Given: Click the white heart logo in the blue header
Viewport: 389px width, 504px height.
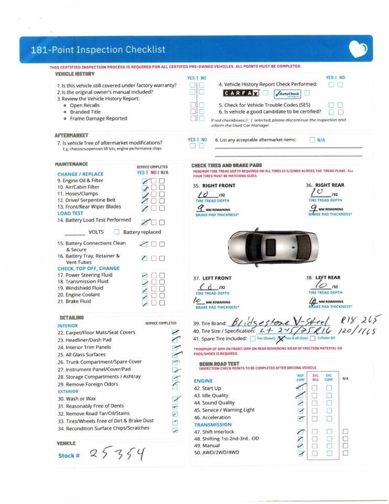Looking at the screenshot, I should pyautogui.click(x=358, y=50).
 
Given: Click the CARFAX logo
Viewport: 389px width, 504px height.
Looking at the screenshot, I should pyautogui.click(x=241, y=93).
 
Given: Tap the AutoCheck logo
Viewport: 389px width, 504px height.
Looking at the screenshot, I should pyautogui.click(x=287, y=93).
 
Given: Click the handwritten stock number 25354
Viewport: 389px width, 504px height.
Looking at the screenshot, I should pyautogui.click(x=116, y=454).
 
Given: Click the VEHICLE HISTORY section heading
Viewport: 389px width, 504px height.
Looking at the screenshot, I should pyautogui.click(x=75, y=75).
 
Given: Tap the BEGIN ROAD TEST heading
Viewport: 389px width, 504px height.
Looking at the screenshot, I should pyautogui.click(x=219, y=364).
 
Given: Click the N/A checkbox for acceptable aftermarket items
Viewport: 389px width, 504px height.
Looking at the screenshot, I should pyautogui.click(x=312, y=140).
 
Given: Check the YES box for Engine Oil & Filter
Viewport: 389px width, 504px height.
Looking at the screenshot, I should pyautogui.click(x=145, y=181).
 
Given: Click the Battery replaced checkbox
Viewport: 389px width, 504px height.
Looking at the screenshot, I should pyautogui.click(x=117, y=232).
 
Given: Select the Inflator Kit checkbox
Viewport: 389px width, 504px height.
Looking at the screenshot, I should pyautogui.click(x=313, y=339).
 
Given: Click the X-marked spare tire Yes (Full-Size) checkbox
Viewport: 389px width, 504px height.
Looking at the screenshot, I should pyautogui.click(x=280, y=339).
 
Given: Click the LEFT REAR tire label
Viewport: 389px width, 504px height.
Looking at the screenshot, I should pyautogui.click(x=328, y=278).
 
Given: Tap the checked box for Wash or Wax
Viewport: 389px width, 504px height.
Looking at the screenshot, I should pyautogui.click(x=175, y=399).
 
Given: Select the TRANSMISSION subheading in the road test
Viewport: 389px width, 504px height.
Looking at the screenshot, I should pyautogui.click(x=213, y=425).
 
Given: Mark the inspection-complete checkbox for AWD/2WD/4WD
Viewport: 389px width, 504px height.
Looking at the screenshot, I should pyautogui.click(x=301, y=453).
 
